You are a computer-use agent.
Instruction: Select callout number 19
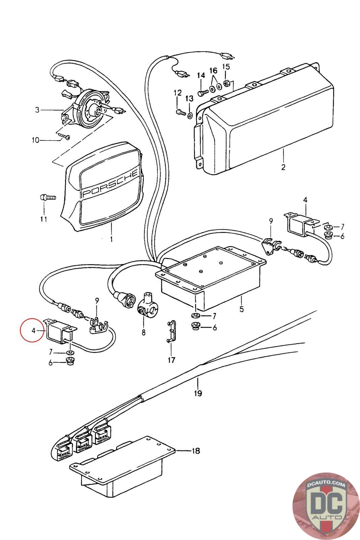coord(198,393)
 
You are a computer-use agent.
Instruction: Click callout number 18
coord(196,451)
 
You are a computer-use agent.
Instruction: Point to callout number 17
coord(171,360)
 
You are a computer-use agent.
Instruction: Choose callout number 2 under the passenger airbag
coord(283,167)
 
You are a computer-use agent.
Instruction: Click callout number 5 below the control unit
coord(241,308)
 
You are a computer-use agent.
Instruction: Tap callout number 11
coord(44,219)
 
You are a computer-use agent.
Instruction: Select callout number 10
coord(36,140)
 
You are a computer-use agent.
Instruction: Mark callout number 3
coord(37,110)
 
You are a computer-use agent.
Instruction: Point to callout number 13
coord(189,98)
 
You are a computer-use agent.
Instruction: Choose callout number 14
coord(201,75)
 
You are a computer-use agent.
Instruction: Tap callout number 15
coord(226,66)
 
